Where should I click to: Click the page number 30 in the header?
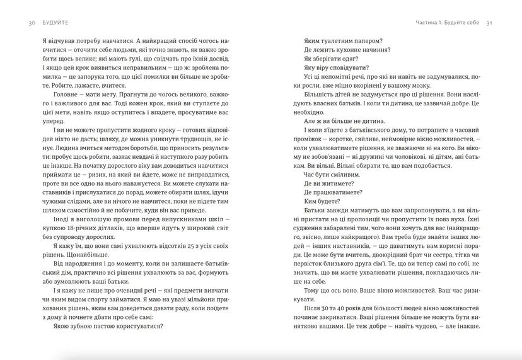pyautogui.click(x=23, y=23)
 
